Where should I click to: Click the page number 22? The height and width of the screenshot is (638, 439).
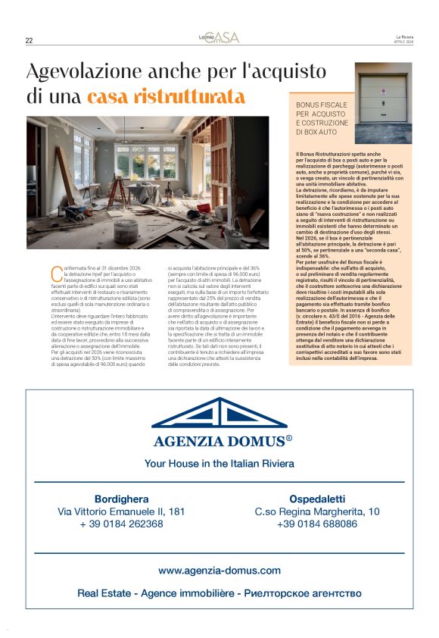point(29,41)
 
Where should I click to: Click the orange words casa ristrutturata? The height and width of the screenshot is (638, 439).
point(167,97)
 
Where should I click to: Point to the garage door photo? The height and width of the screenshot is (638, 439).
point(383,98)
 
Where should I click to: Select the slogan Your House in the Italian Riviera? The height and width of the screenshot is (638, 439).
point(219,463)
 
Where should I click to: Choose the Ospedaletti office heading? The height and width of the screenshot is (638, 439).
point(317,499)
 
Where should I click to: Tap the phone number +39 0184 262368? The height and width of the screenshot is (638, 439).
point(121,524)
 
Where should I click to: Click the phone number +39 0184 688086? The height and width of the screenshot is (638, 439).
point(317,524)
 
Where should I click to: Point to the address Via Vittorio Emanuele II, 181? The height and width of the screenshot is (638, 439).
point(121,511)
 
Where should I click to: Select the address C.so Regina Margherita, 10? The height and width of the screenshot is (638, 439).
point(317,511)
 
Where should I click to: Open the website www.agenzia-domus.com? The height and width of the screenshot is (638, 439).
point(219,571)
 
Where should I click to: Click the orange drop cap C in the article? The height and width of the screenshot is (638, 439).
point(54,271)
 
